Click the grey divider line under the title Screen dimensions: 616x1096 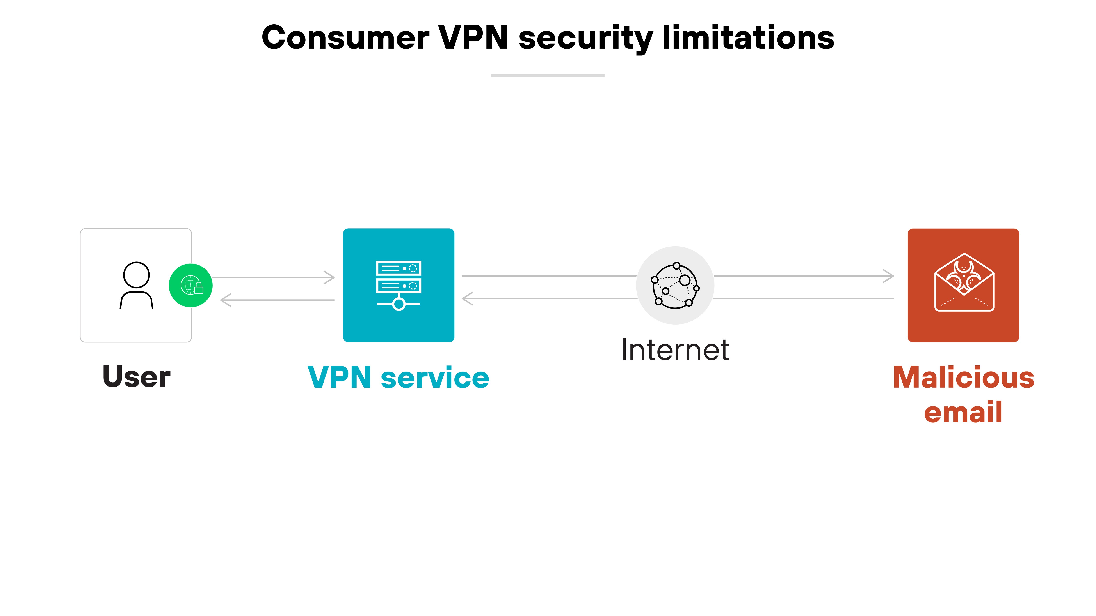pos(548,76)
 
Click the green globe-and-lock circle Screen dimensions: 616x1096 pos(191,285)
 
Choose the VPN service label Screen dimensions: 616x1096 pos(398,378)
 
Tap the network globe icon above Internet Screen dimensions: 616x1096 pos(675,285)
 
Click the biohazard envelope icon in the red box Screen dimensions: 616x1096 pos(964,282)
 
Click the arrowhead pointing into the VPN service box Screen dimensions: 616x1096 pos(330,278)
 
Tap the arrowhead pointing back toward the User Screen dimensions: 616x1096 pos(226,300)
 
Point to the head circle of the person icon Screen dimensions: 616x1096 pos(136,275)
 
